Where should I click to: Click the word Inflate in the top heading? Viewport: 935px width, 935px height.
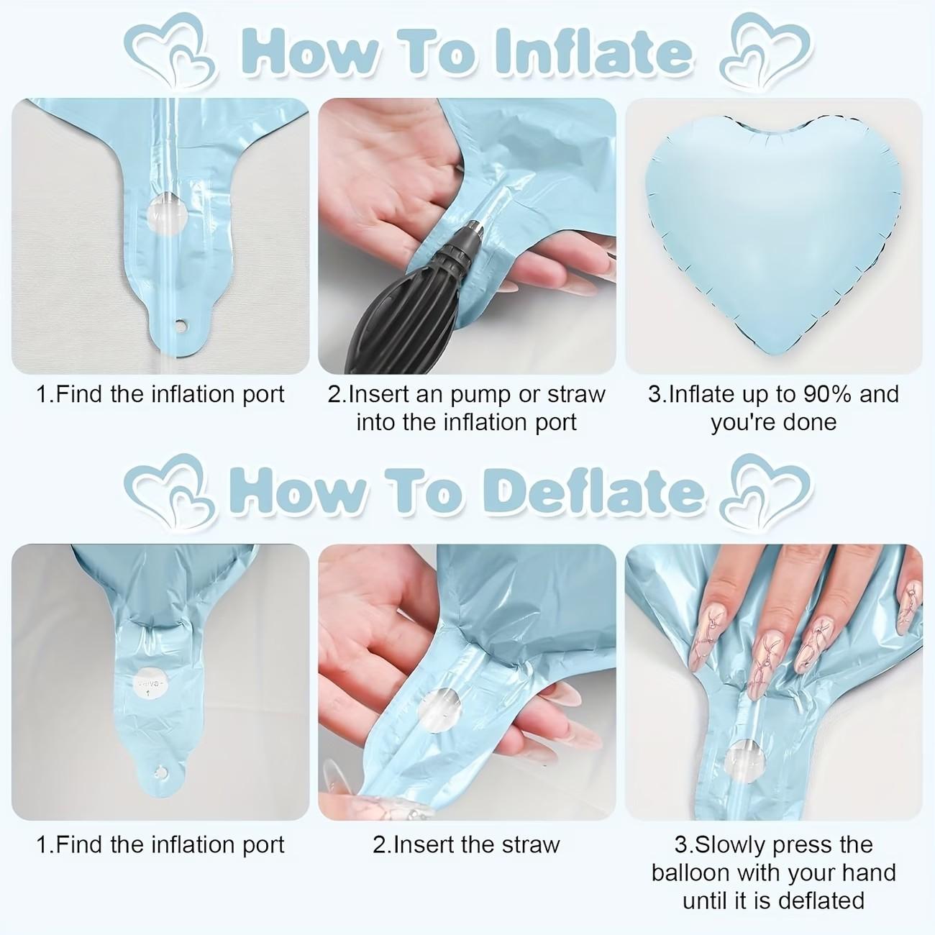tap(594, 53)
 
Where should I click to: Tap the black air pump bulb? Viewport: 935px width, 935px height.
tap(403, 311)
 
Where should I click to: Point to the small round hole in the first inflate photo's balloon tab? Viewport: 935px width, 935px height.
tap(181, 324)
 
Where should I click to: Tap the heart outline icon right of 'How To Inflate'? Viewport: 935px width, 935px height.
tap(765, 53)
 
